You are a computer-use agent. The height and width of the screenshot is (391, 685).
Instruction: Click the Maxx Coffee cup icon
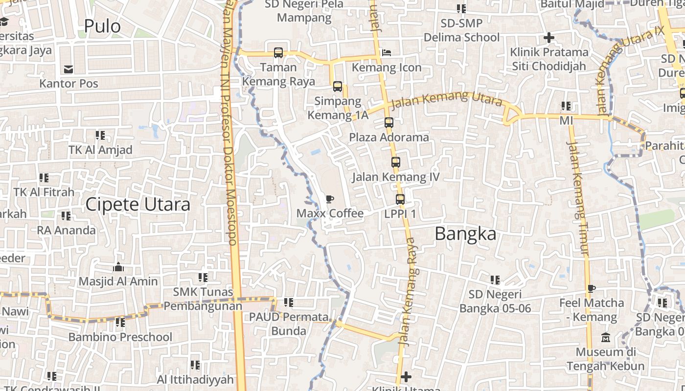click(x=330, y=199)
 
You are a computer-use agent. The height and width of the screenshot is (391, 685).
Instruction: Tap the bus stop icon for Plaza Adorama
click(x=389, y=123)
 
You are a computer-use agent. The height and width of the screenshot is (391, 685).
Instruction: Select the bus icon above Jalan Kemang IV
click(x=396, y=162)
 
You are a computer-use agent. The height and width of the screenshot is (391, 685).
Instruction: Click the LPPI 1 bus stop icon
click(x=400, y=199)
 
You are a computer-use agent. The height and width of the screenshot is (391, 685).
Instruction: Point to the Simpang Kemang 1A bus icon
click(x=338, y=87)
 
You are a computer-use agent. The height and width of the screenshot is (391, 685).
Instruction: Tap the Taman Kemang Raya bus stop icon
click(x=278, y=53)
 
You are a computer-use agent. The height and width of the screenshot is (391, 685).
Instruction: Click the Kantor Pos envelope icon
click(x=68, y=69)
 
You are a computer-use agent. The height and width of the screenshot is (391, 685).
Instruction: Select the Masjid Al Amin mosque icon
click(x=118, y=267)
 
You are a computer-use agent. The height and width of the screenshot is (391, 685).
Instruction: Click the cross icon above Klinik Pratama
click(x=549, y=38)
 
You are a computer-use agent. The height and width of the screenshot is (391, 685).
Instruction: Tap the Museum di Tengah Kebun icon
click(x=606, y=338)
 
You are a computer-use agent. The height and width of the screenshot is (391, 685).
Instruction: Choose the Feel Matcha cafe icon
click(x=592, y=288)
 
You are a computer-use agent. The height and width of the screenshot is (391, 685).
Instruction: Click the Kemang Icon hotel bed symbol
click(x=387, y=53)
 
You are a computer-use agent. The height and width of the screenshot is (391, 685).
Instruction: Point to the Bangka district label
click(x=465, y=234)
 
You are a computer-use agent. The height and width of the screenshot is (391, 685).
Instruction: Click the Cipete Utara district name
click(x=137, y=204)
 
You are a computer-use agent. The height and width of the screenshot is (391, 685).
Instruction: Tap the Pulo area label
click(x=102, y=26)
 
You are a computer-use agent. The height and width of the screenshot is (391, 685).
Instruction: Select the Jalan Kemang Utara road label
click(x=447, y=99)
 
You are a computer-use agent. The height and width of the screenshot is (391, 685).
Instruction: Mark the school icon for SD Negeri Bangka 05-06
click(x=495, y=280)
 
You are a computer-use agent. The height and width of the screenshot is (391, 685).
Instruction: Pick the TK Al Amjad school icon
click(x=100, y=135)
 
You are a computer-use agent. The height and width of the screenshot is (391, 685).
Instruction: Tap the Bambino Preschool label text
click(x=120, y=337)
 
